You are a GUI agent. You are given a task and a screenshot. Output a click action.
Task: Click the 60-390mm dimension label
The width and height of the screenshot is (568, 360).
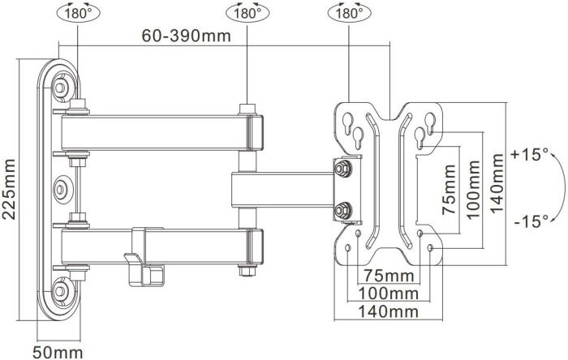[186, 36]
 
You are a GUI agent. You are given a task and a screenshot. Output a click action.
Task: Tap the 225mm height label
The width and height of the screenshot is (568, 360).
[9, 189]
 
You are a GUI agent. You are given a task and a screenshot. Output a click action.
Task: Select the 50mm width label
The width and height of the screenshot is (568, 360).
[58, 352]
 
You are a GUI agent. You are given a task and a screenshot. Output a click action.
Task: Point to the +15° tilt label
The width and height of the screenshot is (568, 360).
[530, 154]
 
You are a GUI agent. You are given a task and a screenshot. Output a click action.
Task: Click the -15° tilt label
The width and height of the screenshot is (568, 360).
[531, 221]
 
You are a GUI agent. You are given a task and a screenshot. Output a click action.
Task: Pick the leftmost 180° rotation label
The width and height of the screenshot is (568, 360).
[78, 14]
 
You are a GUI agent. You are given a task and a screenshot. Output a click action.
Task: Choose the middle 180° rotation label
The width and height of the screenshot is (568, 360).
[247, 14]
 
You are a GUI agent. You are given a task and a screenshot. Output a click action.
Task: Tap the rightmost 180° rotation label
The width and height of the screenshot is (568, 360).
[349, 14]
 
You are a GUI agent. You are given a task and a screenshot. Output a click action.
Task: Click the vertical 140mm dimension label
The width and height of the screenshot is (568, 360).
[497, 183]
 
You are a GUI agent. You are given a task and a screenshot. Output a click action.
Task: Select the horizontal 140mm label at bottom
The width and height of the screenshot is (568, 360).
[389, 311]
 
